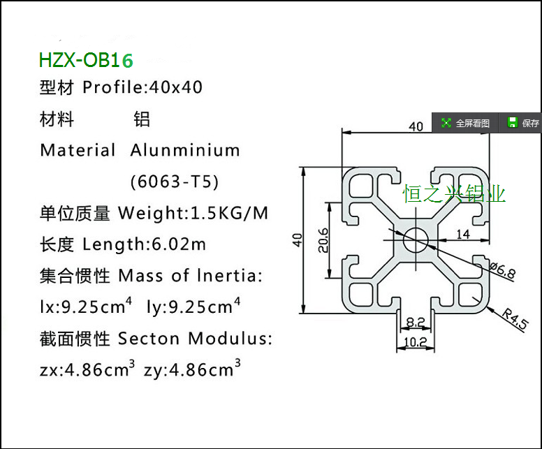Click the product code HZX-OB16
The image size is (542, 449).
86,60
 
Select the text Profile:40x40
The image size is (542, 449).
142,88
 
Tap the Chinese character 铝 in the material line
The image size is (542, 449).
142,119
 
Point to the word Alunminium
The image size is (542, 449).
185,150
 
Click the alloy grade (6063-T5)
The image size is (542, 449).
175,182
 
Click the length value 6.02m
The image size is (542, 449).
179,245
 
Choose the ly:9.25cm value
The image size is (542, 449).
190,307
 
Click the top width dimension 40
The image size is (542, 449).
416,126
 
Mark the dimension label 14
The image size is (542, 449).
462,234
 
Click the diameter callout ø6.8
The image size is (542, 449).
501,270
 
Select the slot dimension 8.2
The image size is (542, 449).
414,322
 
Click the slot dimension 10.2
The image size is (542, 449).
414,342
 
